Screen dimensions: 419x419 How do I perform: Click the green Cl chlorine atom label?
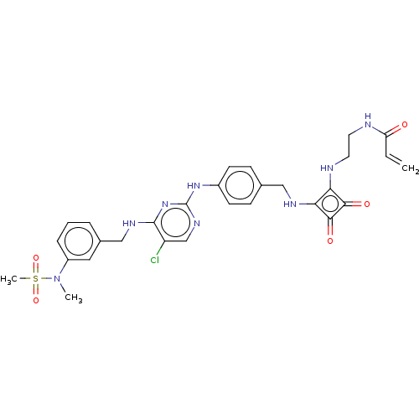[154, 260]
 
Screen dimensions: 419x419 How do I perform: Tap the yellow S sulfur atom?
[36, 279]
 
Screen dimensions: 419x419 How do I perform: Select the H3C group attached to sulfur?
[8, 279]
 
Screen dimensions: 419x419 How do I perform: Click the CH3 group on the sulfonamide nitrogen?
[74, 297]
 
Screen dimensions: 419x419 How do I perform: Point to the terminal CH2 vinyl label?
[410, 168]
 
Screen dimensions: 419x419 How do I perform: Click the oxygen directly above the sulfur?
[36, 257]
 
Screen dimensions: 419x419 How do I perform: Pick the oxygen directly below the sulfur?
[36, 301]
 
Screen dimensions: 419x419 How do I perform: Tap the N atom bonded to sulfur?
[57, 279]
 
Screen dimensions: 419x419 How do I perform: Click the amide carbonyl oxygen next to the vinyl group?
[405, 125]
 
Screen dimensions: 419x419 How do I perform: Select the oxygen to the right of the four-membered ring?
[367, 204]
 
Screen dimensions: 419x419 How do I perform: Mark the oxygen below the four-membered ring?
[330, 241]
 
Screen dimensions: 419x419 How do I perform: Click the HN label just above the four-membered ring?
[327, 168]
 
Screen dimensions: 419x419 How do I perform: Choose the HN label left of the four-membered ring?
[290, 204]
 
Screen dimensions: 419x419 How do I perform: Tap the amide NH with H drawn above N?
[368, 122]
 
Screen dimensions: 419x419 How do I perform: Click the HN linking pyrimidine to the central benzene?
[194, 186]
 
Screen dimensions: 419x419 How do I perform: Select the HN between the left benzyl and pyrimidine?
[129, 224]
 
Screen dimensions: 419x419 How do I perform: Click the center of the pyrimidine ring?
[176, 223]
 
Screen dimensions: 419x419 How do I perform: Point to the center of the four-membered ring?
[330, 204]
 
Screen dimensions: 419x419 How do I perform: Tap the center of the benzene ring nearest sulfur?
[79, 241]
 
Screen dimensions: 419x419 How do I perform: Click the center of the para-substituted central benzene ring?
[240, 185]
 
